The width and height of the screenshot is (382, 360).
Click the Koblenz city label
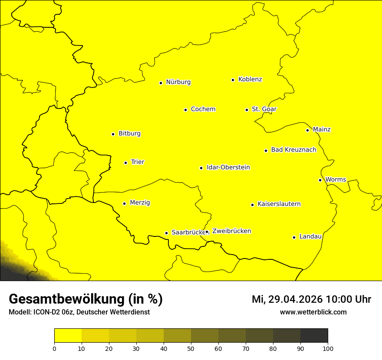(x=250, y=79)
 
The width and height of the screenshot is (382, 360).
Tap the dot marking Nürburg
(x=161, y=83)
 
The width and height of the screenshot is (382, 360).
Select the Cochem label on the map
(x=203, y=109)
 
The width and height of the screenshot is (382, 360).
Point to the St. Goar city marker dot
(x=247, y=110)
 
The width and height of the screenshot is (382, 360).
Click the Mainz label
(x=322, y=130)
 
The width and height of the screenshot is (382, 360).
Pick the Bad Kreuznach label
(x=293, y=150)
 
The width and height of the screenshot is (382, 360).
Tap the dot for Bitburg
(x=113, y=134)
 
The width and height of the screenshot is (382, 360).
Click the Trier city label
(x=137, y=162)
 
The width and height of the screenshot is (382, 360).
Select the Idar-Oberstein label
(x=228, y=167)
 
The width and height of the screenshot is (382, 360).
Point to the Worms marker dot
(x=320, y=180)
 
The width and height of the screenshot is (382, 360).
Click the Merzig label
(x=140, y=203)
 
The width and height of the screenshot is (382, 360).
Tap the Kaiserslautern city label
(x=279, y=204)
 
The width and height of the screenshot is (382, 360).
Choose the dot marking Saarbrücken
(x=166, y=233)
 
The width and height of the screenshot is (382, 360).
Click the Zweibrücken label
(x=231, y=231)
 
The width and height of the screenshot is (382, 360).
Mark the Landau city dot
(x=294, y=237)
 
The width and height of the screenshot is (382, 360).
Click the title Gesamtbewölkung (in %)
(x=86, y=299)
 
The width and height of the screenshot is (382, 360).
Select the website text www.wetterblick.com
(x=313, y=312)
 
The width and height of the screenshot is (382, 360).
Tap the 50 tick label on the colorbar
(x=191, y=348)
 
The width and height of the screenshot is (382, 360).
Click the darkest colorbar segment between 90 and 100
(x=314, y=336)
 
